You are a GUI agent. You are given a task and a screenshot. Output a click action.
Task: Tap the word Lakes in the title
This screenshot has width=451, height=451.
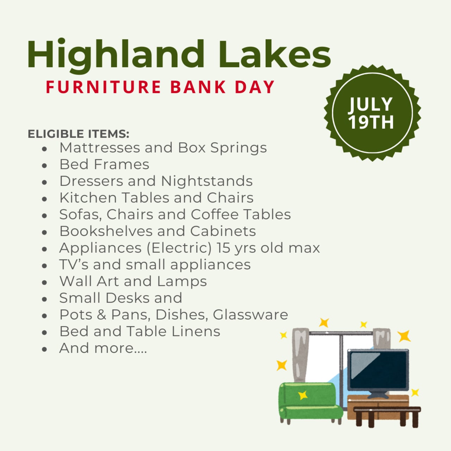(x=274, y=55)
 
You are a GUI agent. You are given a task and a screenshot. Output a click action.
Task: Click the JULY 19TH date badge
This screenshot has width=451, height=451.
(x=372, y=113)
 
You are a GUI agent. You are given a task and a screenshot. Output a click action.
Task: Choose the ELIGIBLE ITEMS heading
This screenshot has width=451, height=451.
(x=79, y=134)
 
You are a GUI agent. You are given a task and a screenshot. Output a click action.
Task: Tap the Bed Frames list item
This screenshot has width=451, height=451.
(x=104, y=165)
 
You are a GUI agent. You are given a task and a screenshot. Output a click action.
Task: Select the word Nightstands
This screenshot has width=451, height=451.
(x=207, y=181)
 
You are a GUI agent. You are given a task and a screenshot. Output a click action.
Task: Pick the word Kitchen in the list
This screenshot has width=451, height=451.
(x=88, y=198)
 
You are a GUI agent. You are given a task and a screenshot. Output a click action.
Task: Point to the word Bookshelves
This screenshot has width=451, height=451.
(x=106, y=231)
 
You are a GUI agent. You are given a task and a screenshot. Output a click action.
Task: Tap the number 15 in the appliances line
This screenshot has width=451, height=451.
(x=223, y=248)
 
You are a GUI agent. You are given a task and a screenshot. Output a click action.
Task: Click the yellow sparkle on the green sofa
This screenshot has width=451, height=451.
(x=303, y=395)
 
